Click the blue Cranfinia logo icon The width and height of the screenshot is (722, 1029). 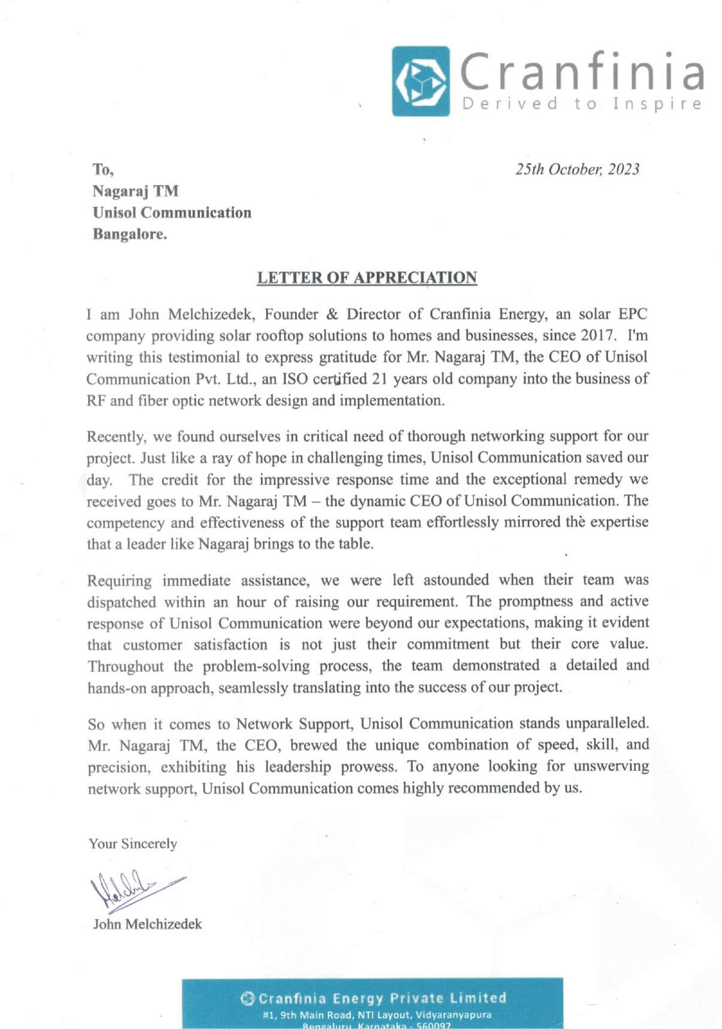[x=421, y=81]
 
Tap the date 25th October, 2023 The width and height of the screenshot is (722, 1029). [x=577, y=170]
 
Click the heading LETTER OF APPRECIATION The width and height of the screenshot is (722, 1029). [x=367, y=277]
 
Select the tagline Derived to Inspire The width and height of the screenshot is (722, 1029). [x=581, y=104]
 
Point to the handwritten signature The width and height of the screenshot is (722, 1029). [x=135, y=885]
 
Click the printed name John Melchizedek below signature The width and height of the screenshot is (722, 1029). [x=147, y=924]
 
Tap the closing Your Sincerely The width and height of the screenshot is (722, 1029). [x=133, y=843]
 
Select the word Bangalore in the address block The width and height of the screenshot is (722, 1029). [x=129, y=234]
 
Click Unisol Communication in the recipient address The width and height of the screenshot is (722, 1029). [x=172, y=213]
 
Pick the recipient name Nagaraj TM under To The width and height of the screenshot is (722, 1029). [x=135, y=191]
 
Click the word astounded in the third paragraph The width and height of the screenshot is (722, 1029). [x=456, y=580]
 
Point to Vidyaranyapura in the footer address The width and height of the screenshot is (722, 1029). [x=460, y=1015]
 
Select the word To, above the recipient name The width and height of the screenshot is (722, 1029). [x=103, y=170]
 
